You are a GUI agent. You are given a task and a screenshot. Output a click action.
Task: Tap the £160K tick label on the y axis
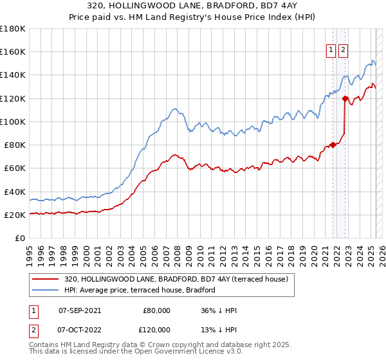[13, 51]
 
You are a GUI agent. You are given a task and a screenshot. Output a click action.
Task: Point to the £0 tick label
[21, 238]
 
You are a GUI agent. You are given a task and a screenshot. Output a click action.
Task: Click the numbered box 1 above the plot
[331, 50]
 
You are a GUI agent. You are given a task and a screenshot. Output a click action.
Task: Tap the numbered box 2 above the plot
[343, 50]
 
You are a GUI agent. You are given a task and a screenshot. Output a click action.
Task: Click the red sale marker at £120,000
[345, 98]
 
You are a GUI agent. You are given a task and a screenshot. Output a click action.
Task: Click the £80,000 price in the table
[156, 310]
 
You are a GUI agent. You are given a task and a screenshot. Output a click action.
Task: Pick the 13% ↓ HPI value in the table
[219, 329]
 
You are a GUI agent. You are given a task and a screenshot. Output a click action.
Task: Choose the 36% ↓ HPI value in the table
[219, 310]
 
